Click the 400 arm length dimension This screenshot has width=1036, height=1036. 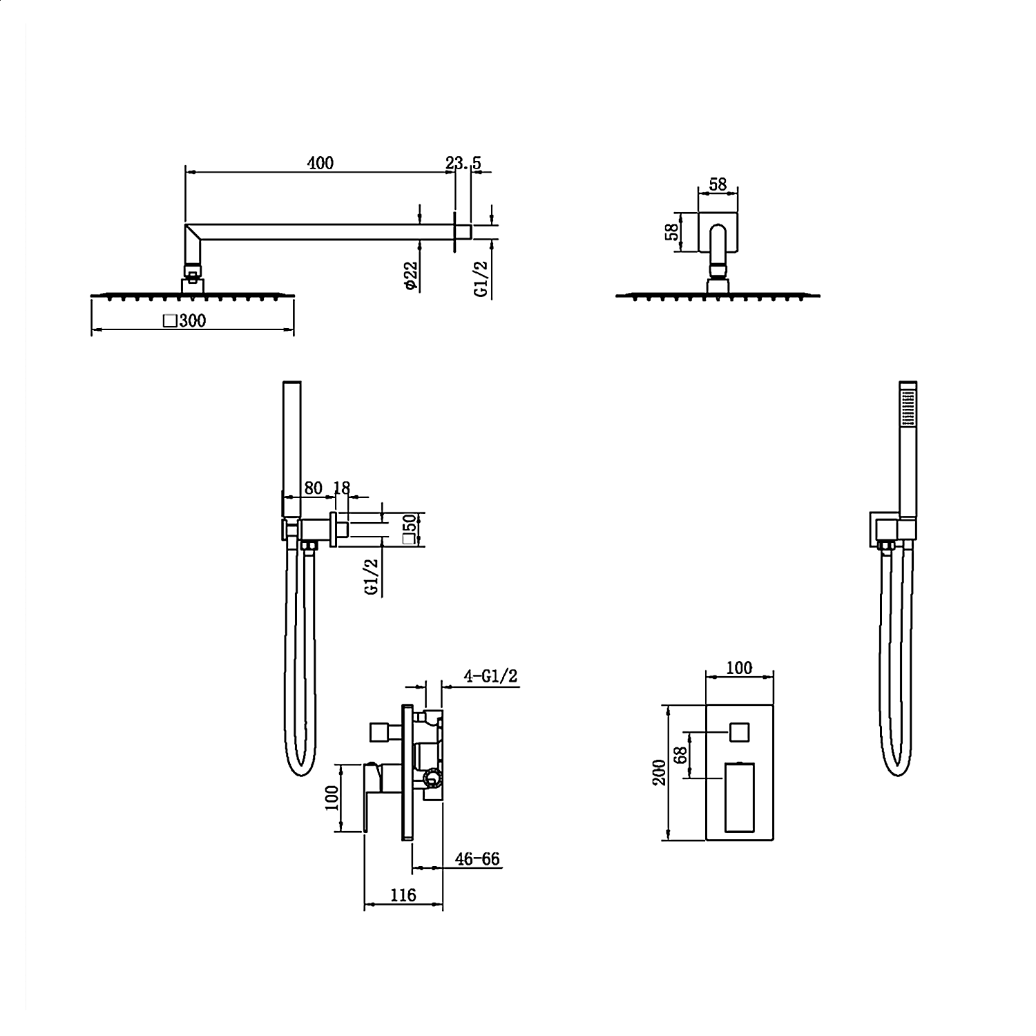pyautogui.click(x=320, y=163)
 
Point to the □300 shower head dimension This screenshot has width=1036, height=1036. pyautogui.click(x=184, y=320)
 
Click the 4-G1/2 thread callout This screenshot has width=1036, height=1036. pyautogui.click(x=490, y=675)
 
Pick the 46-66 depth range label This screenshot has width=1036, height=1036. pyautogui.click(x=477, y=859)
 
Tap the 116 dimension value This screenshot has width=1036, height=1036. pyautogui.click(x=403, y=895)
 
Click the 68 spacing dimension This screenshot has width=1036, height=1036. pyautogui.click(x=682, y=754)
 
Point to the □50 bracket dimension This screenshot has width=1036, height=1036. pyautogui.click(x=410, y=529)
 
